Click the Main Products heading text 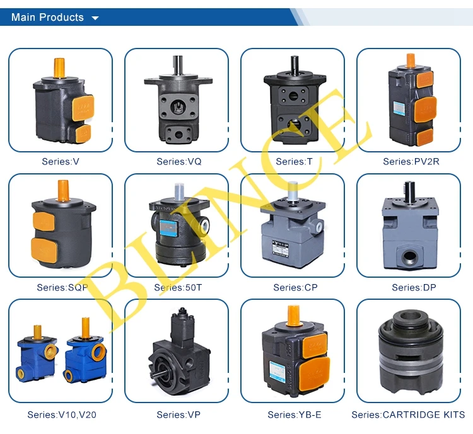point(47,17)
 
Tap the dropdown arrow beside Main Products point(95,18)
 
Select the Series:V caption point(61,161)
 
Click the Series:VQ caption point(179,161)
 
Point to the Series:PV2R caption point(411,161)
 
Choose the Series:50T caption point(178,287)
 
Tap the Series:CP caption point(295,287)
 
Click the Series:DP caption point(414,287)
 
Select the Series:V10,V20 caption point(62,414)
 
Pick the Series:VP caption point(178,414)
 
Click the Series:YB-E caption point(295,414)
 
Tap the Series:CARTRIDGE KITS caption point(408,414)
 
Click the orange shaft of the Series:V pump point(59,67)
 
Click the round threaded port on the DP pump point(409,258)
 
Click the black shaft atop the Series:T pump point(295,65)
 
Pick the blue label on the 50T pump point(168,228)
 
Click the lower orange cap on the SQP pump point(44,250)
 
